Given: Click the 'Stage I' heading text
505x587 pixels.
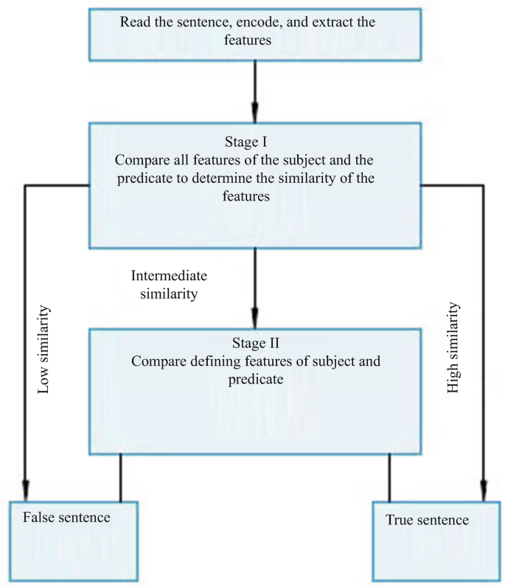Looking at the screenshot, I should [254, 140].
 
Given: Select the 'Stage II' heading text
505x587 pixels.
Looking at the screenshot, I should [255, 342].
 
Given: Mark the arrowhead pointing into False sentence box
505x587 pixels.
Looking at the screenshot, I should [26, 492].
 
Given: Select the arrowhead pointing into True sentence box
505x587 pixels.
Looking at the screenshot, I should [484, 492].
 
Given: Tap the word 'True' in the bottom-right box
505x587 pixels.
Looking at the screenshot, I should [401, 520].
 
